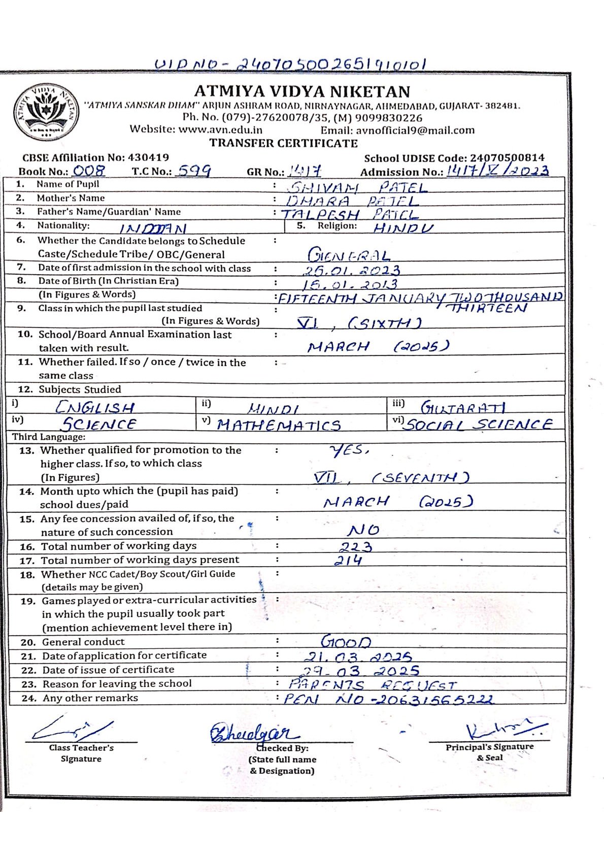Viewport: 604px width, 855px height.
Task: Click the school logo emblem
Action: [46, 112]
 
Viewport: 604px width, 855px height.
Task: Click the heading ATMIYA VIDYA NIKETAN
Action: [302, 91]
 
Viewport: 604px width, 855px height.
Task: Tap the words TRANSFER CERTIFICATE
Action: [284, 143]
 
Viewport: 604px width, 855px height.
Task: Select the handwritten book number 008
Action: [89, 171]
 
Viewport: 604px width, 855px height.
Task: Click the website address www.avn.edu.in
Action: [220, 129]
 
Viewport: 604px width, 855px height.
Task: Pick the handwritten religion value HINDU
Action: [404, 228]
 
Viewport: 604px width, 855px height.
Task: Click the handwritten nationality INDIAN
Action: [153, 229]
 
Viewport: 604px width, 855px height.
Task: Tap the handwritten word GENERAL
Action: [349, 255]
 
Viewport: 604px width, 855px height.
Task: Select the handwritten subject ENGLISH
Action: [95, 407]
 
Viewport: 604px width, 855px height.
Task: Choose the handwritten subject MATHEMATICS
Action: [279, 425]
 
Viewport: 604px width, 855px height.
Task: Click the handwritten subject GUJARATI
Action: [462, 407]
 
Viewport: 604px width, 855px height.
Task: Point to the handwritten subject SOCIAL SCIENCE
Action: [478, 424]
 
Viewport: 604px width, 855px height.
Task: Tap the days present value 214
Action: [348, 561]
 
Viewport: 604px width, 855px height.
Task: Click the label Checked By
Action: [282, 748]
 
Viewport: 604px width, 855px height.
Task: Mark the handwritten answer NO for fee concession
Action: [363, 531]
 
